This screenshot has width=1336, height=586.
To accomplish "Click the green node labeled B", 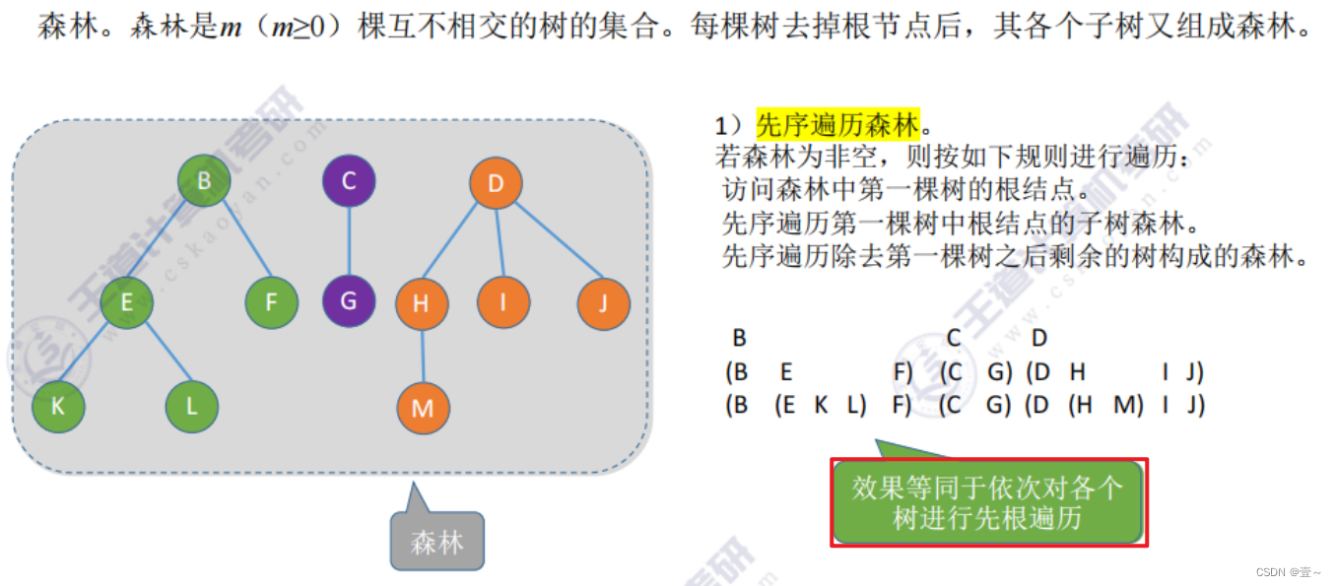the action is [x=204, y=181].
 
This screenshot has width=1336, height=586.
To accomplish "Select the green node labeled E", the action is [x=126, y=303].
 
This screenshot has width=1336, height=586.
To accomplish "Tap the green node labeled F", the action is [x=272, y=302].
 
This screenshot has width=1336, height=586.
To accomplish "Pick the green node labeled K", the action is [x=58, y=406].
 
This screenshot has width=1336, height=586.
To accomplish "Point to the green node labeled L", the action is [x=192, y=406].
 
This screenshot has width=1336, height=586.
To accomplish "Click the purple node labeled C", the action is [x=349, y=181].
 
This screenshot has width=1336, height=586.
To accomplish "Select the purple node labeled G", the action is [x=349, y=300].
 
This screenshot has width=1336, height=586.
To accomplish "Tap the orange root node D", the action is [x=496, y=183].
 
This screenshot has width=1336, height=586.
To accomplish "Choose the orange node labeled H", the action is [x=422, y=303].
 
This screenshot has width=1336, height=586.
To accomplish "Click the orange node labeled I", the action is [x=503, y=302].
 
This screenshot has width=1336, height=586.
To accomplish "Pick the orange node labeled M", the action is [x=424, y=408].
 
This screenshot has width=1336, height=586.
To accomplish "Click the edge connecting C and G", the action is [x=349, y=241].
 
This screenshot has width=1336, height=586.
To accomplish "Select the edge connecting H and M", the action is [x=423, y=356].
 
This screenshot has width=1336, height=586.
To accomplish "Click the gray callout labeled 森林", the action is [x=437, y=541].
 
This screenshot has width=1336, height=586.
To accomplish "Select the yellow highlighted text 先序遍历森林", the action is [x=837, y=126].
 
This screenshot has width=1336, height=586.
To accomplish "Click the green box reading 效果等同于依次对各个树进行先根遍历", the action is [x=987, y=502].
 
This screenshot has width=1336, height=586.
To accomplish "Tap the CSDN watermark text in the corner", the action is [x=1290, y=572].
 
